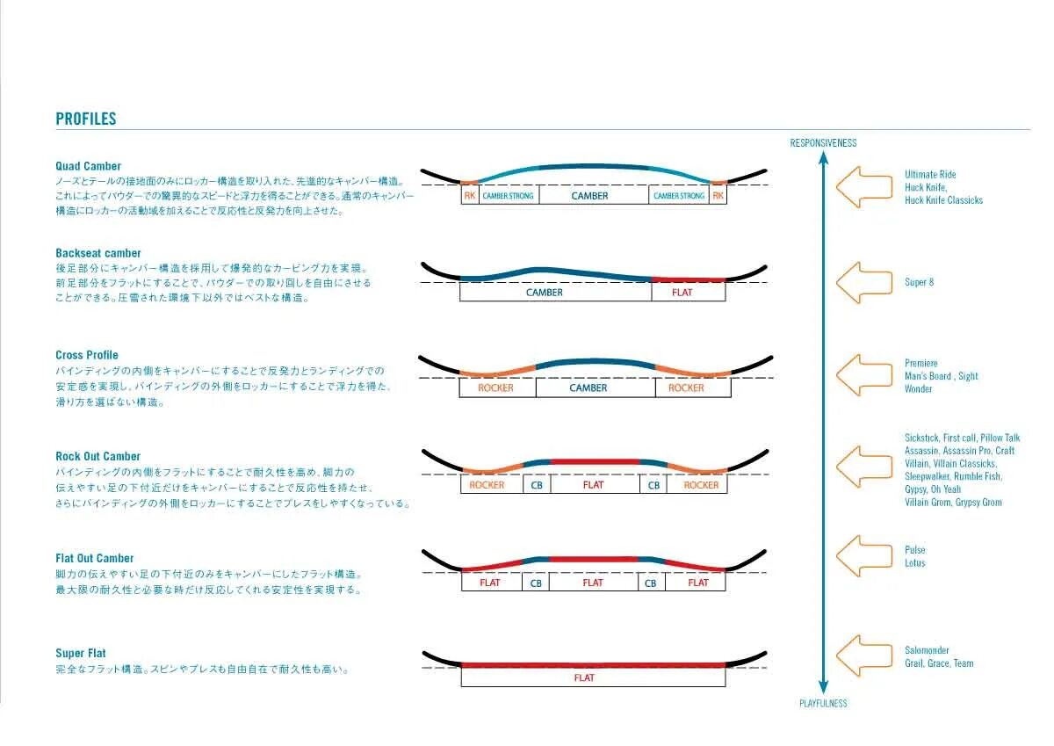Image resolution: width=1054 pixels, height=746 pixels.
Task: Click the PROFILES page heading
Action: pyautogui.click(x=86, y=119)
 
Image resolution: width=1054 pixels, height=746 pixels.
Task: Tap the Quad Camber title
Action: pyautogui.click(x=89, y=166)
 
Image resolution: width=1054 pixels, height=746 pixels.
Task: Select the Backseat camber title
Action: pyautogui.click(x=98, y=253)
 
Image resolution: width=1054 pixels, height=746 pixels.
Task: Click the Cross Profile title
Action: pyautogui.click(x=87, y=355)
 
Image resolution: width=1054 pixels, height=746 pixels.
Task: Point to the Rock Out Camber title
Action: pyautogui.click(x=98, y=456)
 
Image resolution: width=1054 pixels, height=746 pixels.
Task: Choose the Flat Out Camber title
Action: pyautogui.click(x=95, y=558)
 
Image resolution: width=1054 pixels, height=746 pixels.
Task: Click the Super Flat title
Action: pyautogui.click(x=81, y=653)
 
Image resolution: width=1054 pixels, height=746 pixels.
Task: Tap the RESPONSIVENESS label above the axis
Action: pyautogui.click(x=823, y=142)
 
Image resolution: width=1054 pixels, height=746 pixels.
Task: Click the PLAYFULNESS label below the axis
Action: pyautogui.click(x=823, y=703)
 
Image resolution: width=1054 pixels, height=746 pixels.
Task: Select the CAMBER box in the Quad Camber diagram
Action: pyautogui.click(x=590, y=196)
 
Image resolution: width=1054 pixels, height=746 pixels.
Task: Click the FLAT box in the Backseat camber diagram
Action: pyautogui.click(x=682, y=293)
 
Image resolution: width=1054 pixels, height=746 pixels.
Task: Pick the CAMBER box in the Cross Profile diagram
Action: pyautogui.click(x=588, y=387)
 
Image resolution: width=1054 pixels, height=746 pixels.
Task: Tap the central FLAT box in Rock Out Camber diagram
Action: pyautogui.click(x=594, y=485)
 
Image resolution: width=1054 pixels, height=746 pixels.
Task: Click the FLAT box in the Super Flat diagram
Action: pyautogui.click(x=584, y=677)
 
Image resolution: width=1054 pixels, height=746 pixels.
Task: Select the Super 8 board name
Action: pyautogui.click(x=920, y=282)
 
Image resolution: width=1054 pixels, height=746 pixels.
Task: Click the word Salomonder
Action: pyautogui.click(x=927, y=650)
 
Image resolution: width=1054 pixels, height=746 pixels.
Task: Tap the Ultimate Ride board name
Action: pyautogui.click(x=930, y=174)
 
